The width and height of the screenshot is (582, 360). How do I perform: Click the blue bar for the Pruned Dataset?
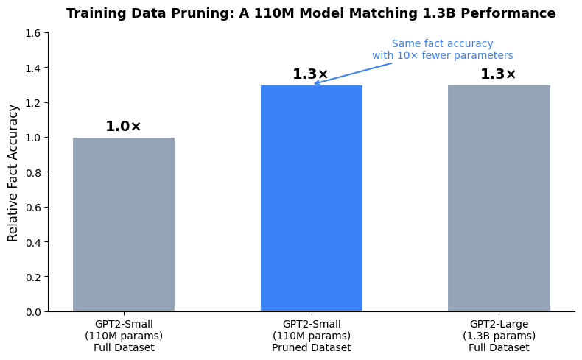(312, 198)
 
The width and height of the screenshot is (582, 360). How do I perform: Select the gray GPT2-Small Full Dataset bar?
(124, 224)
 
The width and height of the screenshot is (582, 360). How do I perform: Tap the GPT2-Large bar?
(499, 198)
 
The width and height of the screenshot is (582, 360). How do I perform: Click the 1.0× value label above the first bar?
(123, 127)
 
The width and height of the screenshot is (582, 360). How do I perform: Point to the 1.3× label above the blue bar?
(310, 74)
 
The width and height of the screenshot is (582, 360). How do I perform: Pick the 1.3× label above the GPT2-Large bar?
(498, 74)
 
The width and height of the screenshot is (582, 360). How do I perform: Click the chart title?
(311, 13)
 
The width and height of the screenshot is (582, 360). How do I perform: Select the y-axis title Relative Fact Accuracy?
(13, 172)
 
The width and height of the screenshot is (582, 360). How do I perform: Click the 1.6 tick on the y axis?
(32, 33)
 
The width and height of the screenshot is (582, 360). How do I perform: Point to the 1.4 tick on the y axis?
(32, 68)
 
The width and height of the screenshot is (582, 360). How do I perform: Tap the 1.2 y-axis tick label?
(32, 103)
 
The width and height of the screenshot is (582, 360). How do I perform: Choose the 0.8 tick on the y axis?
(32, 172)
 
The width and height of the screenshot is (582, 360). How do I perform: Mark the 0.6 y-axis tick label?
(32, 208)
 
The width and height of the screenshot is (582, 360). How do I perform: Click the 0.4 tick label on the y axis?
(32, 242)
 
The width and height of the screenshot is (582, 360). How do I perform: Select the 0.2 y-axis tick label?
(32, 277)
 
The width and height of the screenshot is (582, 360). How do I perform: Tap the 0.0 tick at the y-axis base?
(32, 312)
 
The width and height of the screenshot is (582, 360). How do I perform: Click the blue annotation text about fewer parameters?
(442, 49)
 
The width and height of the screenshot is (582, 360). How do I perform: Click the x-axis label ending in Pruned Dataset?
(312, 336)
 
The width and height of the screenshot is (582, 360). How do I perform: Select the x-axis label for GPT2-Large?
(499, 336)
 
